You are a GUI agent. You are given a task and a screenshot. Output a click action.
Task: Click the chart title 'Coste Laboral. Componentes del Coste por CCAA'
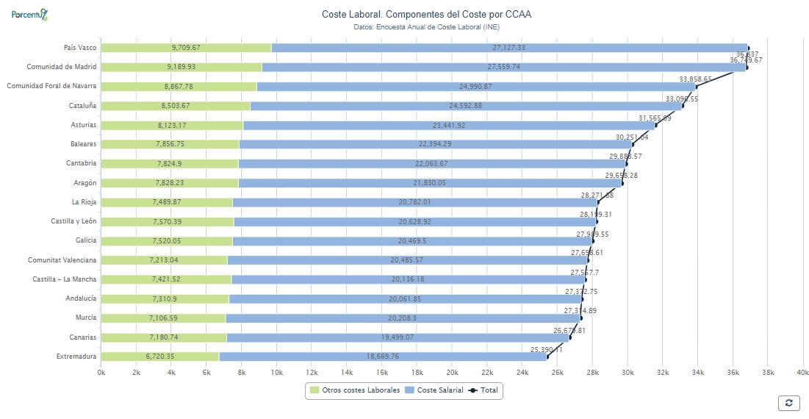426,14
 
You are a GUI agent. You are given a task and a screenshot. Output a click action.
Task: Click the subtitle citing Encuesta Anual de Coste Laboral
426,27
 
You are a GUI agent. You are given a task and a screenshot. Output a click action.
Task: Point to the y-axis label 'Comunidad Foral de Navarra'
51,86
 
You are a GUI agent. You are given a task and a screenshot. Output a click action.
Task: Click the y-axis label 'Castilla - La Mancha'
65,279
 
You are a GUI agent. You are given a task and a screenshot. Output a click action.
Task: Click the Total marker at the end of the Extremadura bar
547,357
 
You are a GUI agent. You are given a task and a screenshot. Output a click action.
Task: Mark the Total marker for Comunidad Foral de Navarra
696,87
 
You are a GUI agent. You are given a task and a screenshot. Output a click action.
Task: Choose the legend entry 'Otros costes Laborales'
355,390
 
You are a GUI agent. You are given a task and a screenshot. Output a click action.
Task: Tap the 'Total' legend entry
485,390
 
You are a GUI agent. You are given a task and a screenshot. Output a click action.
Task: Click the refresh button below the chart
788,402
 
